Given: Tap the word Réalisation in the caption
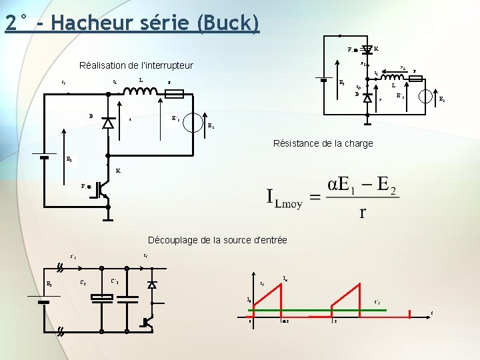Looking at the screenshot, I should pos(104,65).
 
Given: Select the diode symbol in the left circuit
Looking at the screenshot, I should pos(108,123).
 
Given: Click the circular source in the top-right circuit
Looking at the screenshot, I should pos(427,95).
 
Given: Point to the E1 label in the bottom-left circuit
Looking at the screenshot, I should pos(49,283).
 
